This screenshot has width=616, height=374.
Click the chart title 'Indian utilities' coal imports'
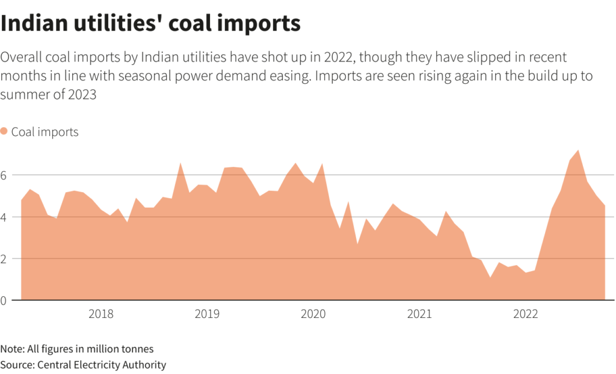tap(150, 23)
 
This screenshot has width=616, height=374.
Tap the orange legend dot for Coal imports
tap(5, 131)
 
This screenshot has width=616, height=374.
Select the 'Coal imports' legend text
tap(45, 132)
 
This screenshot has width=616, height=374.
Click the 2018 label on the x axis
tap(101, 314)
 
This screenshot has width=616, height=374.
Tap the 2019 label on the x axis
tap(207, 314)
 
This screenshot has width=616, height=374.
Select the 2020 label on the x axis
tap(313, 314)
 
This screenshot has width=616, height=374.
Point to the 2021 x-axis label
tap(419, 314)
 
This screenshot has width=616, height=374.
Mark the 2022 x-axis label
tap(525, 314)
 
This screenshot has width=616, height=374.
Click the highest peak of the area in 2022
tap(578, 150)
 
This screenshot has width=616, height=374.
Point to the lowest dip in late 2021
tap(490, 278)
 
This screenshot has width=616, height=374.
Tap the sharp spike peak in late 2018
tap(180, 163)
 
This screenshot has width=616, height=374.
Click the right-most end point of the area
tap(605, 206)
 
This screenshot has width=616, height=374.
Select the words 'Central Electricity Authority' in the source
tap(102, 364)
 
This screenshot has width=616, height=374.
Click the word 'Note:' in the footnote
tap(11, 349)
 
